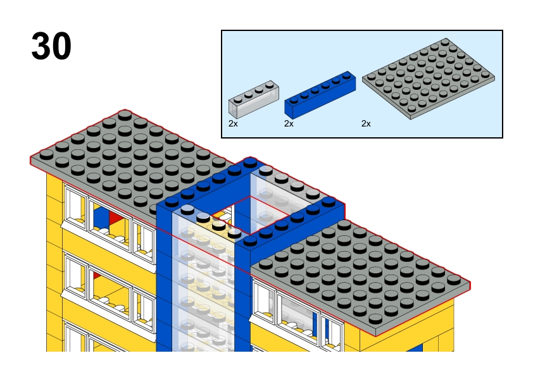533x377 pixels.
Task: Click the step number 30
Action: click(51, 46)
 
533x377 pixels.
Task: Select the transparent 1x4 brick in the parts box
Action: click(254, 99)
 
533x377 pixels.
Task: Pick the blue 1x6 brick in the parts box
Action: click(320, 95)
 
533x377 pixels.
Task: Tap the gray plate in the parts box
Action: click(429, 79)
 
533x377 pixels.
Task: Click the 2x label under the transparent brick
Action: click(233, 123)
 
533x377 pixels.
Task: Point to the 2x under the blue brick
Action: click(289, 123)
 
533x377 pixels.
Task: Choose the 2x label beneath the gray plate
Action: click(366, 123)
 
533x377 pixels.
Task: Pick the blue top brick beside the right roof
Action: click(292, 223)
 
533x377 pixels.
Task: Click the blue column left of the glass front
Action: click(164, 278)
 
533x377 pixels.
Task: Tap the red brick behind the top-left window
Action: click(114, 217)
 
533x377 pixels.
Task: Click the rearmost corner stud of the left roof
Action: click(125, 114)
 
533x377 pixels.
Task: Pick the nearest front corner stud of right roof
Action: click(375, 318)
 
